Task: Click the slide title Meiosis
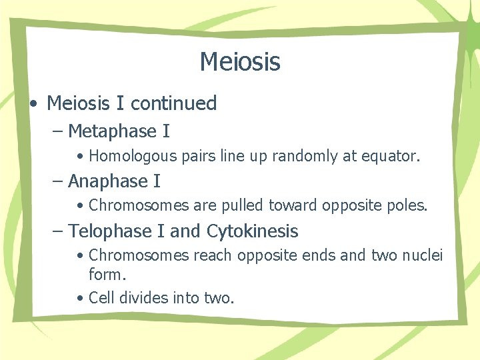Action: tap(240, 62)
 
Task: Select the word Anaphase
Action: tap(107, 181)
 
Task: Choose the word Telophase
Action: tap(111, 231)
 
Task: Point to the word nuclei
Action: tap(423, 255)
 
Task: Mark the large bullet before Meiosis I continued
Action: tap(33, 105)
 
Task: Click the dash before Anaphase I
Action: tap(58, 181)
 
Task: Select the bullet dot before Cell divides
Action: tap(79, 297)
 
